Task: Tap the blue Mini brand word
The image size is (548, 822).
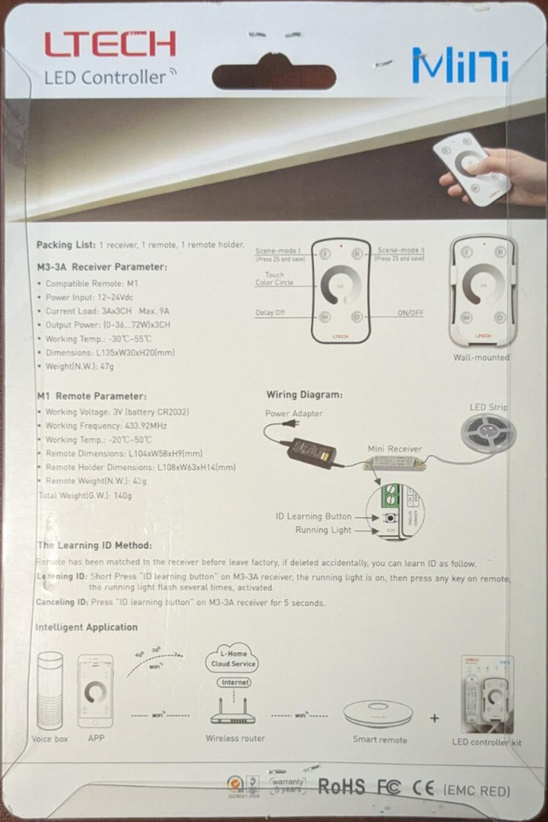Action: (x=461, y=65)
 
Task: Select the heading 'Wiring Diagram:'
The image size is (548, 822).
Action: (x=305, y=395)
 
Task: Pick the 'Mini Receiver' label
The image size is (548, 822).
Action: (x=394, y=449)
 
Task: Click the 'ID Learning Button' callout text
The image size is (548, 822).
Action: (x=313, y=516)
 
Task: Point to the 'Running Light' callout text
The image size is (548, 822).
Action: (x=323, y=530)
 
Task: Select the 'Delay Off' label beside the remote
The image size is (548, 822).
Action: (x=271, y=313)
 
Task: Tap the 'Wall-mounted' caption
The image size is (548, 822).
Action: (x=481, y=358)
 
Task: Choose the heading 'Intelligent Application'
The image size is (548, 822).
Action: (x=86, y=627)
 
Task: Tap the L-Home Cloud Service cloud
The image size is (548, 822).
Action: (x=234, y=658)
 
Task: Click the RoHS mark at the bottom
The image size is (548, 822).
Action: (x=341, y=787)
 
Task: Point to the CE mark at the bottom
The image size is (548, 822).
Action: (x=422, y=787)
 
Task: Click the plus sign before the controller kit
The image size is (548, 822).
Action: (x=434, y=718)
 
